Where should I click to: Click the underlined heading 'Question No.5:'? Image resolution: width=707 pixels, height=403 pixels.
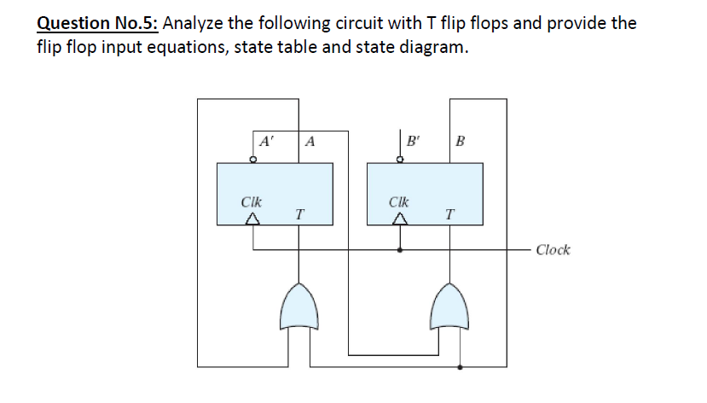pyautogui.click(x=96, y=23)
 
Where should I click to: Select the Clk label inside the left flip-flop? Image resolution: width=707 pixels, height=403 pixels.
pyautogui.click(x=252, y=203)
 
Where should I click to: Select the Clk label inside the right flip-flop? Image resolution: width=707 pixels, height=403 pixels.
pyautogui.click(x=398, y=203)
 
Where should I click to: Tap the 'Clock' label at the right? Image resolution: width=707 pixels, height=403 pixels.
pyautogui.click(x=553, y=250)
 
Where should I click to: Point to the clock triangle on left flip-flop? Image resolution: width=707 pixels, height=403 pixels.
pyautogui.click(x=252, y=220)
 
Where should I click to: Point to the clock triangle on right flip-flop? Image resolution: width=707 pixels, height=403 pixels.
pyautogui.click(x=399, y=220)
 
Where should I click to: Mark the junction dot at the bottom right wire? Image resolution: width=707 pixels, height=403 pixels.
pyautogui.click(x=461, y=367)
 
